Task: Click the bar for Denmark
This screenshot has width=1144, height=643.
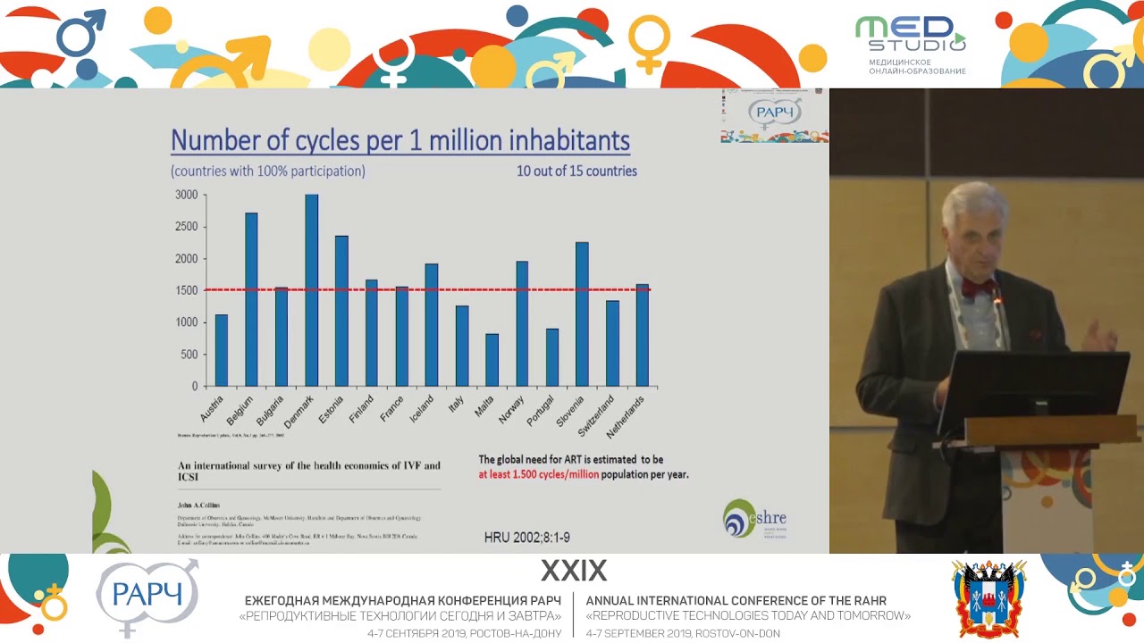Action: click(x=311, y=290)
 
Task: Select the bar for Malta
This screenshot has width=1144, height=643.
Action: click(x=492, y=360)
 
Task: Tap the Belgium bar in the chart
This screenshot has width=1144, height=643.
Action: click(x=251, y=299)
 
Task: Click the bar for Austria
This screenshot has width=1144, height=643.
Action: click(x=222, y=350)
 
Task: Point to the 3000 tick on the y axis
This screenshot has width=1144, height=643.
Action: click(x=186, y=195)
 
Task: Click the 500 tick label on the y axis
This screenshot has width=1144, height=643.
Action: click(x=188, y=355)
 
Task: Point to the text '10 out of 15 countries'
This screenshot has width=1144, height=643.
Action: click(x=576, y=171)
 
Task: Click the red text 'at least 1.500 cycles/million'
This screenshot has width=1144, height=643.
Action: click(x=538, y=474)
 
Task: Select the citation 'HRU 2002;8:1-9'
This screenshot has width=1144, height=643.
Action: click(x=526, y=538)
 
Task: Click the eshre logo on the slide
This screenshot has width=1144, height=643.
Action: click(x=754, y=518)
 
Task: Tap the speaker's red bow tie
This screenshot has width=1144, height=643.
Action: click(x=978, y=288)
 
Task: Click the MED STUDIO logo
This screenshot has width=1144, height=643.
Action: click(x=910, y=43)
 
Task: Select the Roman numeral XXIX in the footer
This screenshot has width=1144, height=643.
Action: click(x=573, y=571)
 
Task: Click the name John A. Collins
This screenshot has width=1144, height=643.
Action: click(x=198, y=505)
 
